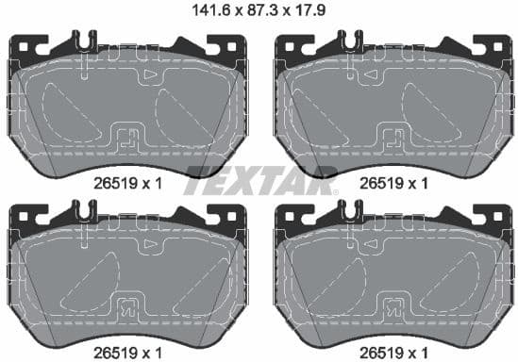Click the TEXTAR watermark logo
259,175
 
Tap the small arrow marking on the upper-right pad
415,73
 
